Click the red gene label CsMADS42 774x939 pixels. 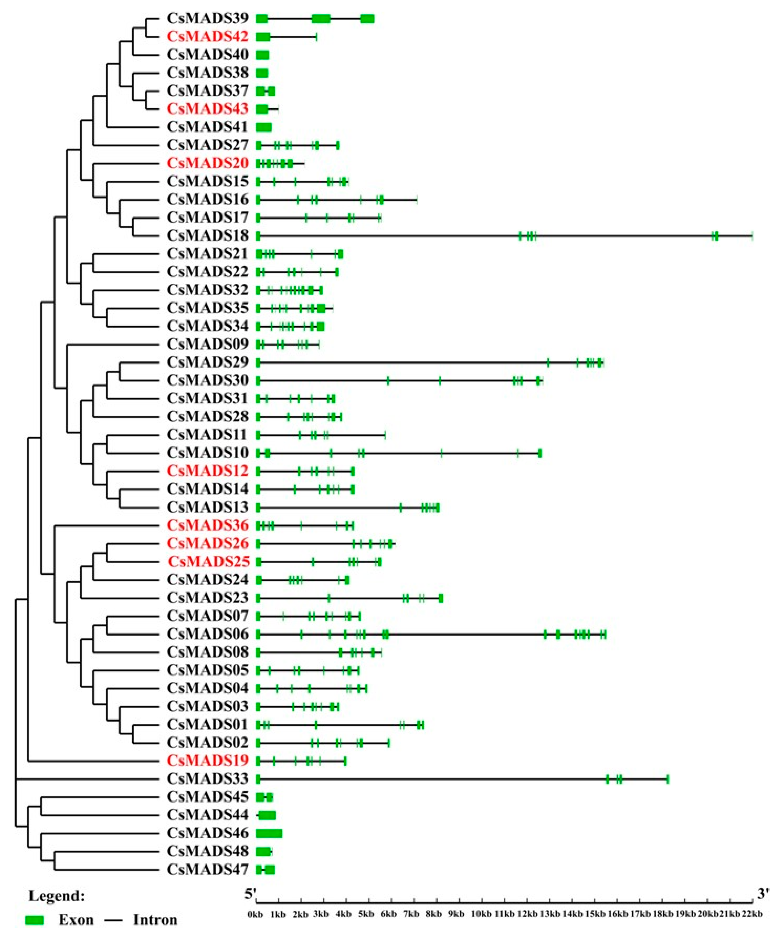point(207,37)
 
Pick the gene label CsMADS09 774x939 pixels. point(207,344)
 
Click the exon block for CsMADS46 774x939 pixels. point(269,833)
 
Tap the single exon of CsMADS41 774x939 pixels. point(263,127)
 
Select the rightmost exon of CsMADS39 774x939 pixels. point(367,19)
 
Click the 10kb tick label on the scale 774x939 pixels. point(481,914)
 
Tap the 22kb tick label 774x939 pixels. point(752,914)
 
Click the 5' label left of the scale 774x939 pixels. point(250,894)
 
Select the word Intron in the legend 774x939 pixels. point(155,920)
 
